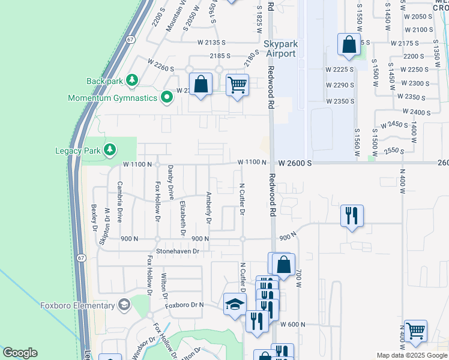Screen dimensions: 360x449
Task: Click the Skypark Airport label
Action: tap(280, 49)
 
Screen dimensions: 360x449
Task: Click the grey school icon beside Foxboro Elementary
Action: tap(124, 305)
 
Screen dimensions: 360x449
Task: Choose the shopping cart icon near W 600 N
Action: tap(415, 330)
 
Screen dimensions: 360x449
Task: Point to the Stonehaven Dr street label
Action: tap(177, 251)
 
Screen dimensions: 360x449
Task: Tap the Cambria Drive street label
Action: tap(120, 199)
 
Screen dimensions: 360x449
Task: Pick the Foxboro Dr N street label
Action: tap(185, 305)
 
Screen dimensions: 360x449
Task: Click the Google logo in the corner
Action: tap(20, 353)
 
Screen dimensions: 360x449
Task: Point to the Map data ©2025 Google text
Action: tap(411, 355)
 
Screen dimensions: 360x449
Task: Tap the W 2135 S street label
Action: tap(211, 43)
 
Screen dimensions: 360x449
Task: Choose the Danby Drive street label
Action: tap(170, 182)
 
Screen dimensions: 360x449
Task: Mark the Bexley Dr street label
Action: tap(94, 217)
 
